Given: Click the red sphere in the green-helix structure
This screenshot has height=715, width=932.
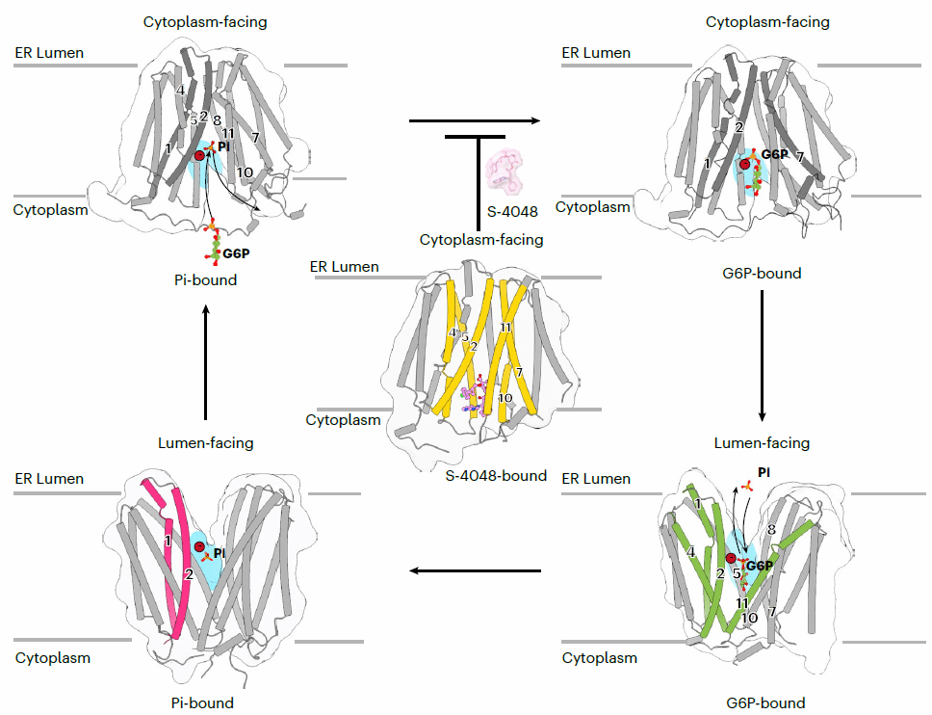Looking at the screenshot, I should click(x=731, y=559).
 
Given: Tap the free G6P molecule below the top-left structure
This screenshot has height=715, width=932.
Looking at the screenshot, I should click(x=213, y=241).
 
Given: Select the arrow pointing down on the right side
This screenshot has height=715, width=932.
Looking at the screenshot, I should click(x=762, y=356).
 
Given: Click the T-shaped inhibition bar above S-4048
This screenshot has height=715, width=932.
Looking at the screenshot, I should click(x=476, y=139).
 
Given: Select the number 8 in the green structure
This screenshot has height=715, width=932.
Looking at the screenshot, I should click(x=771, y=529).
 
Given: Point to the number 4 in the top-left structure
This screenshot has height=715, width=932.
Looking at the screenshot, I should click(x=180, y=90).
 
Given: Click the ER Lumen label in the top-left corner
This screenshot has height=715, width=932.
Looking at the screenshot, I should click(x=49, y=53).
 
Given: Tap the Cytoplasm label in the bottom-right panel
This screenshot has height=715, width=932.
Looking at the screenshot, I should click(x=599, y=658).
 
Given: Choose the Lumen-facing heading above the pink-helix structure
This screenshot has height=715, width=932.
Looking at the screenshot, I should click(x=206, y=443).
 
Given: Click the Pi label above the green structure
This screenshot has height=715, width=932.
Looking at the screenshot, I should click(x=764, y=472).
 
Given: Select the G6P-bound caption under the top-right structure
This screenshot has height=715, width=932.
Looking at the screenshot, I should click(x=762, y=274).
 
